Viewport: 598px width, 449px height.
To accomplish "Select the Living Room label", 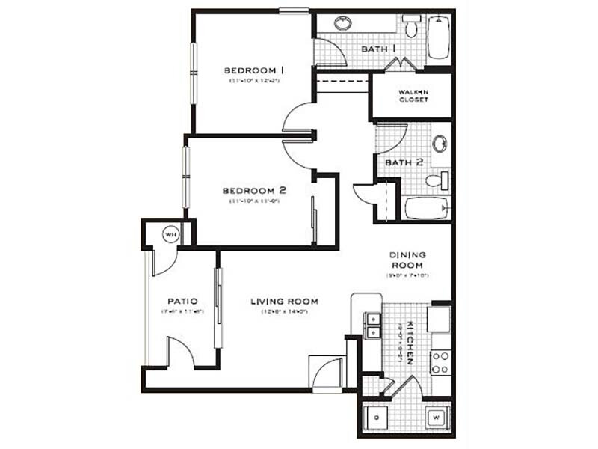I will coord(284,302).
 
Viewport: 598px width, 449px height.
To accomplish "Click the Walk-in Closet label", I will coord(413,95).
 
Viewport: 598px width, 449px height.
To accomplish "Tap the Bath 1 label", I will coord(379,49).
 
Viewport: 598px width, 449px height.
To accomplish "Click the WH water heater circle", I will coord(170,235).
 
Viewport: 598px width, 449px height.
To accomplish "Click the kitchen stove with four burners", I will coord(440,361).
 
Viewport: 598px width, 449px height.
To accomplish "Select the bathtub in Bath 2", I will coord(427,207).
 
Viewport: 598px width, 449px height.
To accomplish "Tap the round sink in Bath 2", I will coord(440,142).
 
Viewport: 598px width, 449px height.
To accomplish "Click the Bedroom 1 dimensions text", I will coord(254,81).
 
